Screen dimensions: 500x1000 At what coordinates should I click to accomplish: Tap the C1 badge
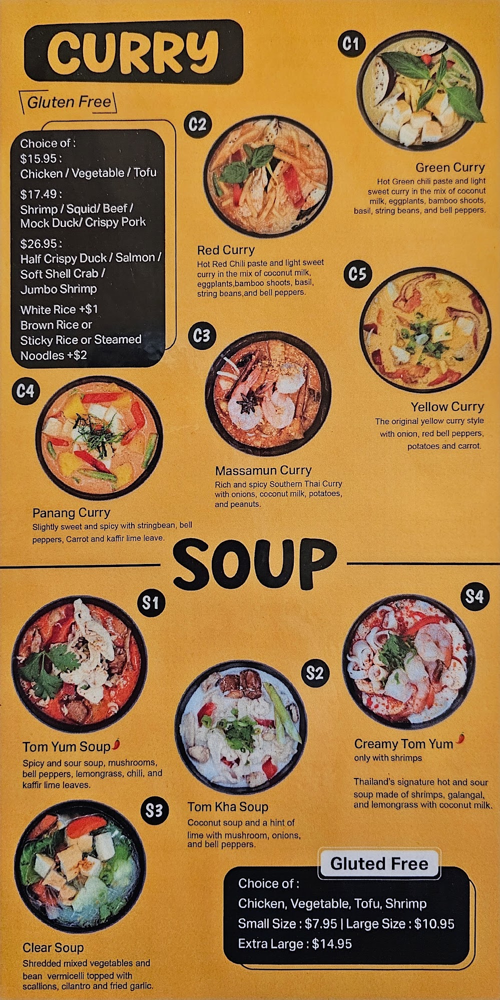[351, 44]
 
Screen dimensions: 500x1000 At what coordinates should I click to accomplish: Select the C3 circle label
[201, 335]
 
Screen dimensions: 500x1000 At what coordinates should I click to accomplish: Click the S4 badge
[474, 596]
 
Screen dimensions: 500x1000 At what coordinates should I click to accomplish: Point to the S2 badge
[315, 673]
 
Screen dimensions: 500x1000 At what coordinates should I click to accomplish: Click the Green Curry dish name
[450, 167]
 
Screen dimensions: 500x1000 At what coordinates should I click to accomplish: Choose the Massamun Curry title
[263, 470]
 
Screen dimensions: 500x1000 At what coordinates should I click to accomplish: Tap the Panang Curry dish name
[71, 513]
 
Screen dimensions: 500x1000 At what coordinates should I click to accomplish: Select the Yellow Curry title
[447, 407]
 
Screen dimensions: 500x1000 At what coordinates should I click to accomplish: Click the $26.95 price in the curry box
[41, 244]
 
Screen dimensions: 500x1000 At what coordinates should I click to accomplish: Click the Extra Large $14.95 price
[295, 944]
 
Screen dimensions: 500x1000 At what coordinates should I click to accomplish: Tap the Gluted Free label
[379, 863]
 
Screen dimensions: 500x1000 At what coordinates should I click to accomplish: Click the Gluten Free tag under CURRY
[69, 102]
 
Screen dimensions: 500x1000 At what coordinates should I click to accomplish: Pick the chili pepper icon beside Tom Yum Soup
[117, 744]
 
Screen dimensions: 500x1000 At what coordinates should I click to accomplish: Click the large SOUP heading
[255, 565]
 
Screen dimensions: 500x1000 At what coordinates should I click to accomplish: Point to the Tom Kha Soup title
[228, 807]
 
